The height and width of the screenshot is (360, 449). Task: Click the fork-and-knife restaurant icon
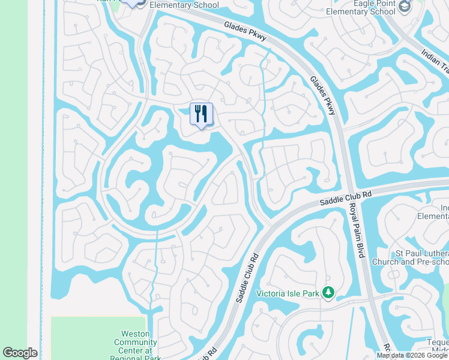click(x=201, y=113)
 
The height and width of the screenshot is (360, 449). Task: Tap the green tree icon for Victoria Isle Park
click(x=328, y=293)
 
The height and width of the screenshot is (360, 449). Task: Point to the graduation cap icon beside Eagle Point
click(x=405, y=6)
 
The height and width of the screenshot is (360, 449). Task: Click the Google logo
click(x=20, y=353)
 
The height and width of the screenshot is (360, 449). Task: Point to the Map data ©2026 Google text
click(x=412, y=355)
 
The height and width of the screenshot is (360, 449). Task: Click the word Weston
click(x=135, y=333)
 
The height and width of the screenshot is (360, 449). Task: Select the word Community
click(x=136, y=342)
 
